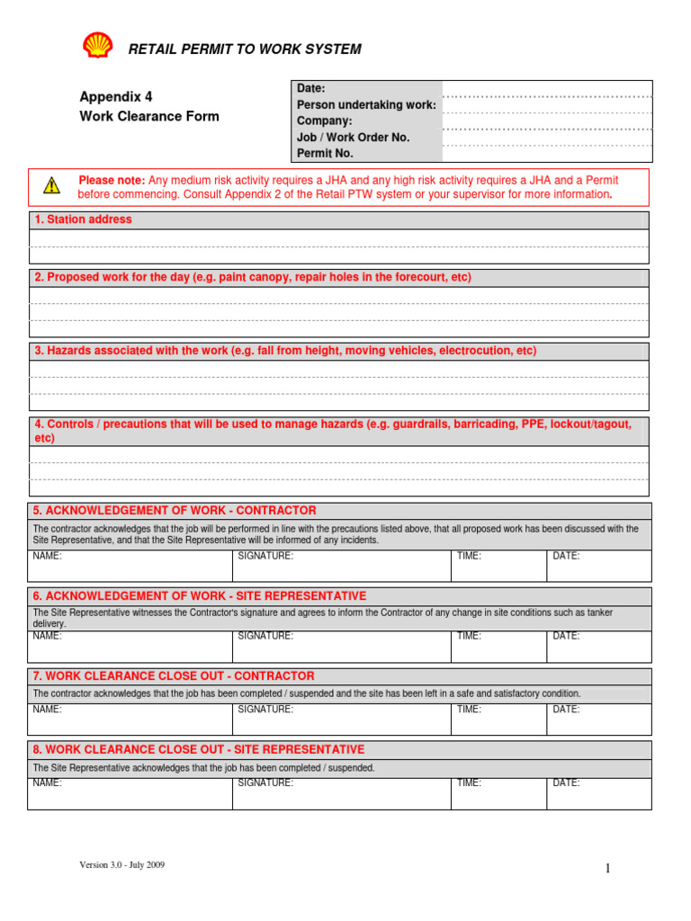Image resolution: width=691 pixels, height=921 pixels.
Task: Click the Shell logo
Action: click(x=97, y=46)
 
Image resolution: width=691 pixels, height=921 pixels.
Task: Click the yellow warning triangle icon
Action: click(x=51, y=186)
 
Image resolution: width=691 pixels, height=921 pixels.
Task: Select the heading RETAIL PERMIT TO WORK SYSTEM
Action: click(x=245, y=49)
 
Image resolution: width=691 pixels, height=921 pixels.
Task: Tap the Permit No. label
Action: click(x=325, y=154)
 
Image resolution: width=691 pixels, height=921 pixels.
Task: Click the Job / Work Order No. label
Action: click(x=353, y=138)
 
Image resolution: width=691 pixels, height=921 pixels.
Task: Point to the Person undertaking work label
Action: click(x=366, y=105)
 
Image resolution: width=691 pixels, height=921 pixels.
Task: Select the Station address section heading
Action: click(x=83, y=219)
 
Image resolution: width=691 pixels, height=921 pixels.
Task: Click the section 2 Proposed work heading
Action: click(x=252, y=278)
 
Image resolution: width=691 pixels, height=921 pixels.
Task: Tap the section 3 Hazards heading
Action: click(x=284, y=351)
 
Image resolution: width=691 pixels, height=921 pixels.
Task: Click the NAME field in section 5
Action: click(x=130, y=566)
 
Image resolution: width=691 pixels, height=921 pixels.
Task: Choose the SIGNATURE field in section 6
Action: click(x=341, y=646)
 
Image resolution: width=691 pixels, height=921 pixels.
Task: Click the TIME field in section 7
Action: click(x=498, y=719)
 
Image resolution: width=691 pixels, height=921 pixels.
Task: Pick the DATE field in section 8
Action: click(x=598, y=792)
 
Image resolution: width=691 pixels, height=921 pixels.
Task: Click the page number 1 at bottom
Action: click(x=607, y=868)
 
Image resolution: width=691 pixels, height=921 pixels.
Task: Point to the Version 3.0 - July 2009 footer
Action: click(x=121, y=865)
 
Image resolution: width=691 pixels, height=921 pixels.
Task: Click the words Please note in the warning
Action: click(x=112, y=181)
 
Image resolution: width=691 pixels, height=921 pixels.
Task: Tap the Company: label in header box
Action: click(x=325, y=121)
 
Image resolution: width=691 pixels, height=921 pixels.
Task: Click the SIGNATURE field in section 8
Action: click(x=341, y=792)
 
